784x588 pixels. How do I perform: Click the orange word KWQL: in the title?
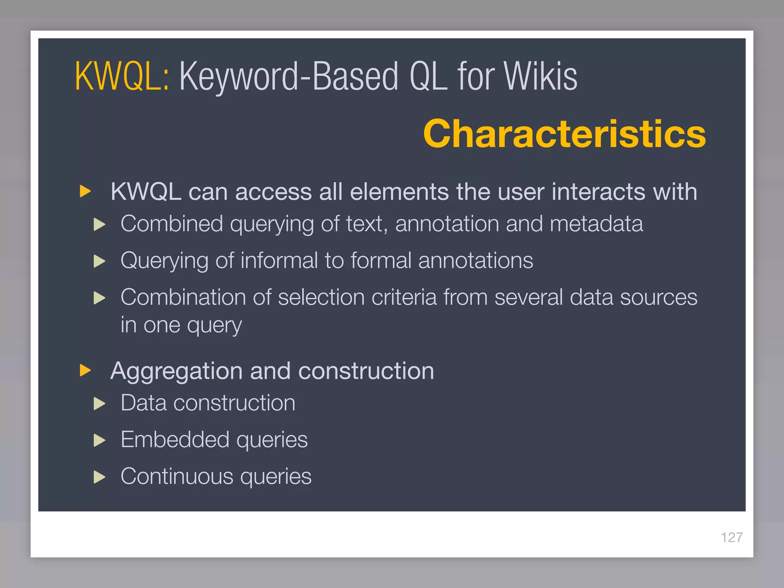122,77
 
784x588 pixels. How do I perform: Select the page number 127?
732,537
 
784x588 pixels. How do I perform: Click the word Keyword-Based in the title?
289,77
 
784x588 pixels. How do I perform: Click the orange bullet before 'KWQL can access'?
85,191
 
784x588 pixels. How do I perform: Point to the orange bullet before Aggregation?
85,370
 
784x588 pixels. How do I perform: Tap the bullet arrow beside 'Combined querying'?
100,224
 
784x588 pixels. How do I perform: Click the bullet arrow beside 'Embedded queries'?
100,440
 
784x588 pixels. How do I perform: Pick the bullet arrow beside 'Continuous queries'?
100,477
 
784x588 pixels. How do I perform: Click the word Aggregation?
176,371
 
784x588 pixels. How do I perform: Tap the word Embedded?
175,439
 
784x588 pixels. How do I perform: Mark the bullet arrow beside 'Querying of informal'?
100,261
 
